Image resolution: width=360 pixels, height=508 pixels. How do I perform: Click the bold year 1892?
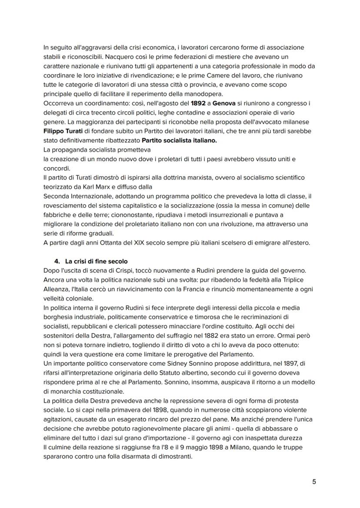(199, 103)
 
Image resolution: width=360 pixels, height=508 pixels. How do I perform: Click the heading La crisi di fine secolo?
(97, 261)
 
